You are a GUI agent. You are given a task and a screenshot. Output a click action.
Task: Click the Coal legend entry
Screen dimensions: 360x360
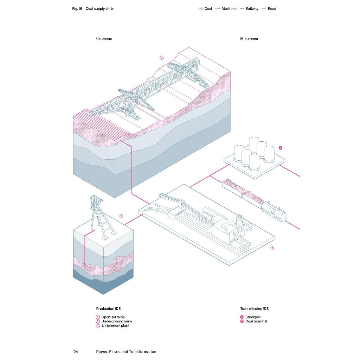(205, 9)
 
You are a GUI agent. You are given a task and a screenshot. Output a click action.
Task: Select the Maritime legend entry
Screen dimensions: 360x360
(226, 9)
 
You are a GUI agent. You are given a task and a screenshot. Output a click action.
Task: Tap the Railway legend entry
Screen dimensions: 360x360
(249, 9)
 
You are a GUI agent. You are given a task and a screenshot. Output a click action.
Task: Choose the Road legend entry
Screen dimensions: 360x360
(269, 9)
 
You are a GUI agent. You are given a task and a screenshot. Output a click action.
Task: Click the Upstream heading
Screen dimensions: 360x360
(104, 39)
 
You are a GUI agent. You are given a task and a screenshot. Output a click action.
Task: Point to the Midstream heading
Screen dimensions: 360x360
(249, 39)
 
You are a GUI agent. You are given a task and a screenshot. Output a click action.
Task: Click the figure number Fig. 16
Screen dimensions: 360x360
(77, 9)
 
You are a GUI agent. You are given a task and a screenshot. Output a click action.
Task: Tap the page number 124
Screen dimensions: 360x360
(75, 352)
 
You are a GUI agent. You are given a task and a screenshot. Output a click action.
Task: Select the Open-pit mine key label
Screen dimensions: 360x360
(113, 317)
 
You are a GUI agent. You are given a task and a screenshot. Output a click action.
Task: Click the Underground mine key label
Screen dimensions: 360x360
(117, 321)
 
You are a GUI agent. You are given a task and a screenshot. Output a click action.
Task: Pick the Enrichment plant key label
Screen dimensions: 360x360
(115, 325)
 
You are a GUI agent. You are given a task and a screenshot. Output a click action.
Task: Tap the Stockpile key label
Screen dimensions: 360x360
(253, 317)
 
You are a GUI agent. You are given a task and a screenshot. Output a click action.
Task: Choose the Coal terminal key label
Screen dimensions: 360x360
(256, 321)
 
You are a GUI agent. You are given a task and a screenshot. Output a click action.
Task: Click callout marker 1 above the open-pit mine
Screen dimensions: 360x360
(162, 58)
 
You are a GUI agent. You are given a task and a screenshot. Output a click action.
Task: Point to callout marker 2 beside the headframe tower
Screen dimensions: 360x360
(121, 216)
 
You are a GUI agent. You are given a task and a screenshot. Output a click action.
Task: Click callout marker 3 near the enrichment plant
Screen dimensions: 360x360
(272, 249)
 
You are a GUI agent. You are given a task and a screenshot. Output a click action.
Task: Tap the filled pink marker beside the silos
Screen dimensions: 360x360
(280, 148)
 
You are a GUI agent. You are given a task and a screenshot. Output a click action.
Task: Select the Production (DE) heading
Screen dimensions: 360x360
(109, 309)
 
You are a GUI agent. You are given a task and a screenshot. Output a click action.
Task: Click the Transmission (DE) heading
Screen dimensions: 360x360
(255, 309)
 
